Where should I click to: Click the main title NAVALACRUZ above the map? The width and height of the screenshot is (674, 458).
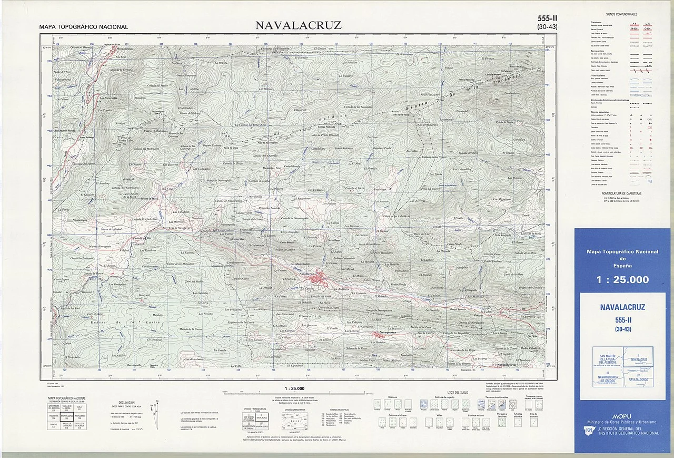tap(299, 25)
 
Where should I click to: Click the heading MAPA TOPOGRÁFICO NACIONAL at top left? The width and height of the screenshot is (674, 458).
tap(83, 27)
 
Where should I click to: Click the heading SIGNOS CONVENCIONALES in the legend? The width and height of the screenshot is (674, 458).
tap(621, 14)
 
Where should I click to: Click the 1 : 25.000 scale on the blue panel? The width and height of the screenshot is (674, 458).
tap(622, 280)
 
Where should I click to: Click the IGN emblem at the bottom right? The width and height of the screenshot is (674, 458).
tap(589, 432)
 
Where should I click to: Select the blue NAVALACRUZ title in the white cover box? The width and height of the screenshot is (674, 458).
tap(622, 307)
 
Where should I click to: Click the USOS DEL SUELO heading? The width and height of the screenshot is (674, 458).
tap(458, 392)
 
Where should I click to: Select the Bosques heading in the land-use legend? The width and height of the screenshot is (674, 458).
tap(392, 397)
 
